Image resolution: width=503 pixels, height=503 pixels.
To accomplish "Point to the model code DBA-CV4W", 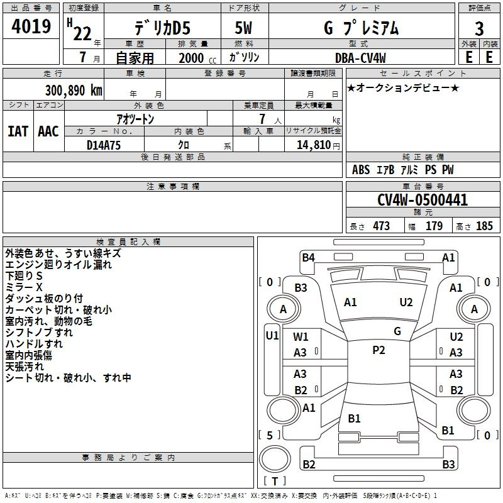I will tap(360, 57).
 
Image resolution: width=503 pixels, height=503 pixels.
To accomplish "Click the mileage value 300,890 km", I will tap(74, 90).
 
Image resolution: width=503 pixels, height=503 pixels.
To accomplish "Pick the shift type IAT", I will tap(18, 131).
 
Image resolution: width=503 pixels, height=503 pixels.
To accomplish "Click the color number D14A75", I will tap(104, 144).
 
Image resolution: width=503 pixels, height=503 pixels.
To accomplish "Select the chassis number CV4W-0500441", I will tap(423, 200).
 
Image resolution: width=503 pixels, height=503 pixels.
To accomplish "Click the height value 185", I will tap(484, 226).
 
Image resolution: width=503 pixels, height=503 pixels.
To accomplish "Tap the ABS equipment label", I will tap(361, 170).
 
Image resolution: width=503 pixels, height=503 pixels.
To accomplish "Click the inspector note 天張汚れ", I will tap(25, 366).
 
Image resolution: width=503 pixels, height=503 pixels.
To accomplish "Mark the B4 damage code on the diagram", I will tap(308, 257).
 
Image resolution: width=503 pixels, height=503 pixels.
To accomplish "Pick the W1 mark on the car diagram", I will tap(301, 337).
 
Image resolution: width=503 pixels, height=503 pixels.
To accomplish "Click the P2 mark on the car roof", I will tap(379, 350).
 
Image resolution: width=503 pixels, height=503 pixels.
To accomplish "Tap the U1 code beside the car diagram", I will tap(272, 335).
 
